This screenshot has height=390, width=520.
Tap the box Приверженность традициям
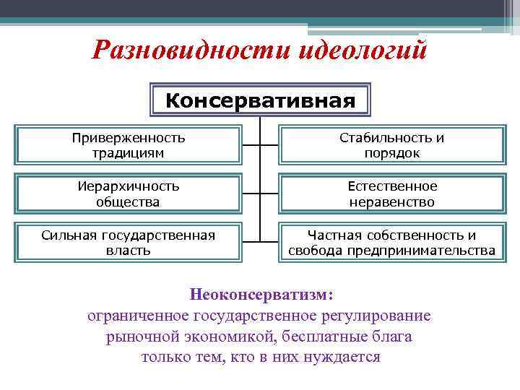(129, 144)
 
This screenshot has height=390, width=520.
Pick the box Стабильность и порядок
(392, 144)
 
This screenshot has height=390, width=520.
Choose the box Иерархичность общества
(129, 194)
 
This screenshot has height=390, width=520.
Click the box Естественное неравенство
(392, 194)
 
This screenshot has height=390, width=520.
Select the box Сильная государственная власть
(129, 243)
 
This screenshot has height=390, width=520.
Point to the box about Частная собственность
(392, 243)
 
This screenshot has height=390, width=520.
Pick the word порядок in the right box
(392, 153)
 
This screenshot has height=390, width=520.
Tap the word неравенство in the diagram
(392, 202)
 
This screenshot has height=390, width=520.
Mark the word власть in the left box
(129, 251)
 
